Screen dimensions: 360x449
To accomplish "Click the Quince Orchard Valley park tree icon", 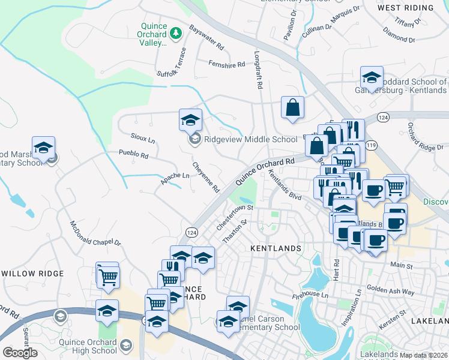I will (176, 33).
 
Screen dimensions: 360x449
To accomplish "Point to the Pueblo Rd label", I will (133, 154).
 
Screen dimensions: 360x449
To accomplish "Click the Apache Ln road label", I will (175, 176).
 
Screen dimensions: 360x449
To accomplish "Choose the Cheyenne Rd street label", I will (206, 177).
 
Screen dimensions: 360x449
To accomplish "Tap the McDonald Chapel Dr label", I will (95, 233).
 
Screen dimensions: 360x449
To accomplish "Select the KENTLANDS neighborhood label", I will (275, 248).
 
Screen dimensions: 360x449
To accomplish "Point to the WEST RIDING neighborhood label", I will (406, 8).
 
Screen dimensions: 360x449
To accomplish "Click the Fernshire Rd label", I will (227, 64).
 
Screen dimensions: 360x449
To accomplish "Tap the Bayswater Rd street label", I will (206, 37).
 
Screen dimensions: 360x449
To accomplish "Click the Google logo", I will (20, 353).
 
